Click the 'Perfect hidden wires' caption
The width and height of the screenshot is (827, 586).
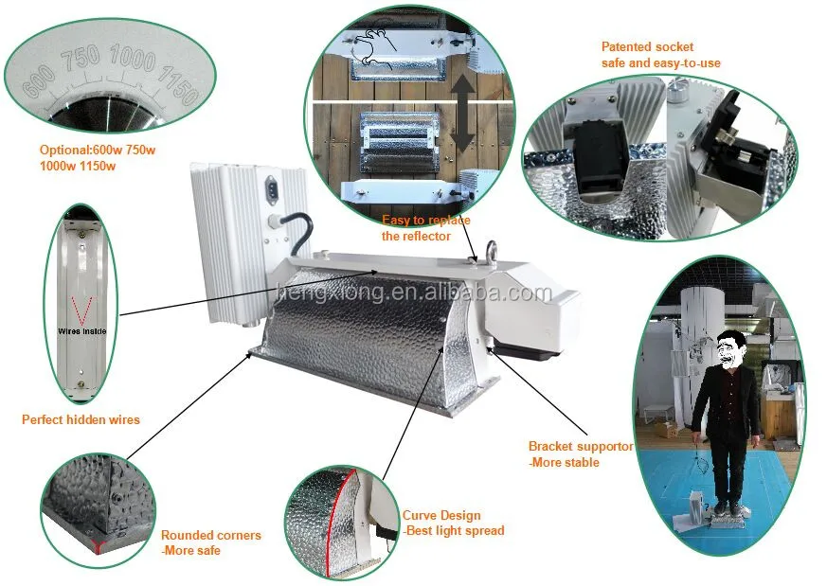(81, 419)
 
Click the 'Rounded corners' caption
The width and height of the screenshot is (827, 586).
(210, 535)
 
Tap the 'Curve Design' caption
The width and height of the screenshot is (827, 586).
(441, 516)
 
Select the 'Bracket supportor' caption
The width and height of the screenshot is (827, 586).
(580, 446)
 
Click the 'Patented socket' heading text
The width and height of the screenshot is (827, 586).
(647, 46)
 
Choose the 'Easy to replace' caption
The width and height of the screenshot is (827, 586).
(423, 221)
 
